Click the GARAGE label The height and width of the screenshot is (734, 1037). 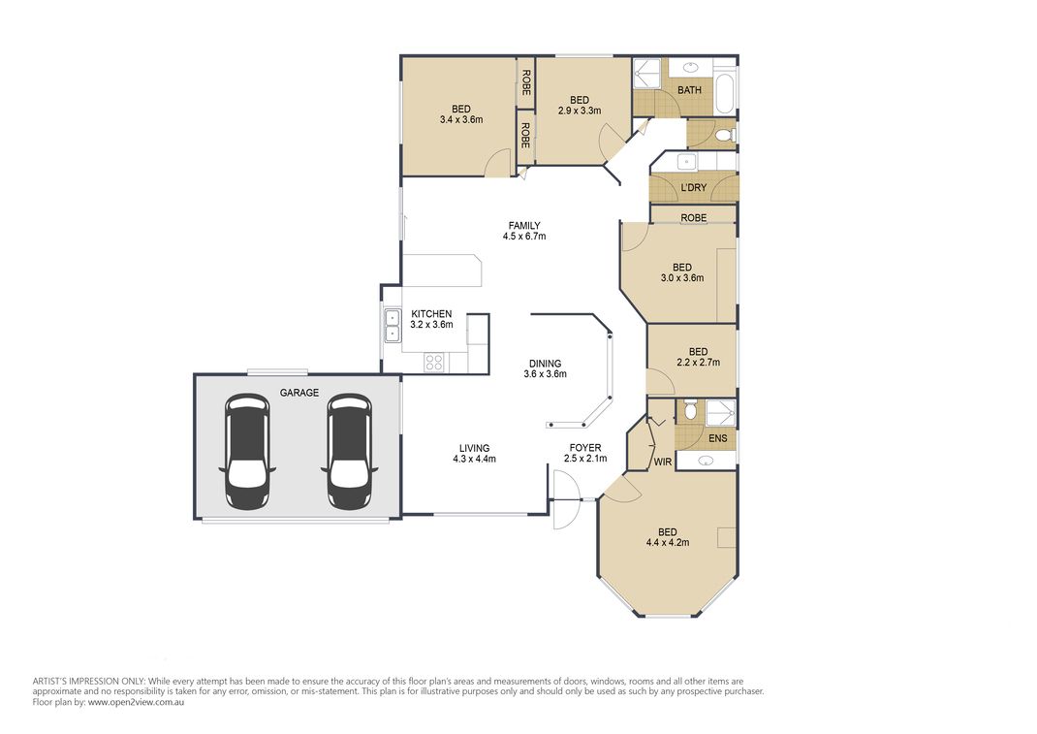(x=299, y=394)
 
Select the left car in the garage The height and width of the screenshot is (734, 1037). (x=246, y=451)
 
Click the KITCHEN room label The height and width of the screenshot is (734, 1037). (x=431, y=314)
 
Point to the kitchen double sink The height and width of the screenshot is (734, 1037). (x=393, y=326)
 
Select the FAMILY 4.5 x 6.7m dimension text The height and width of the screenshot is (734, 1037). (x=524, y=237)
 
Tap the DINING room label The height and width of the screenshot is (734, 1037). (x=545, y=364)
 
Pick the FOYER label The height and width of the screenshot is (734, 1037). (x=585, y=447)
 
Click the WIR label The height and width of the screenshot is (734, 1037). (x=663, y=462)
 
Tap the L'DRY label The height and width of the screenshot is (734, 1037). (x=693, y=187)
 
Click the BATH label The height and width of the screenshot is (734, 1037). (x=689, y=90)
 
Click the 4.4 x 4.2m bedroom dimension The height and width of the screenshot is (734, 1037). (x=667, y=543)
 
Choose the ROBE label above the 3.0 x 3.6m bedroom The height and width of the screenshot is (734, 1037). (x=693, y=218)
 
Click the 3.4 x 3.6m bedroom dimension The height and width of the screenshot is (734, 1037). (x=460, y=120)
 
